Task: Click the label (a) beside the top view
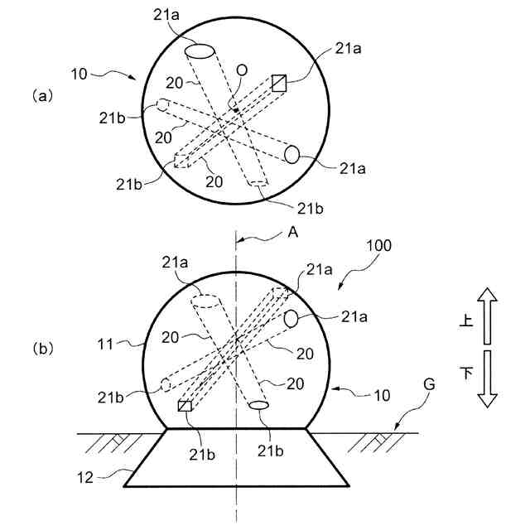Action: [42, 96]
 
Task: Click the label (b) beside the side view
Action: [42, 349]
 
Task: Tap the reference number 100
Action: [378, 246]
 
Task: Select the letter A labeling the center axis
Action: [291, 234]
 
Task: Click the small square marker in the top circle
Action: [279, 82]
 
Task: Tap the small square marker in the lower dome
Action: [185, 406]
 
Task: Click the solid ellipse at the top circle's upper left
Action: [200, 51]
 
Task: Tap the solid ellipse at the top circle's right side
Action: [291, 153]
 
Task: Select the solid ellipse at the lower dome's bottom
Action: [260, 405]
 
